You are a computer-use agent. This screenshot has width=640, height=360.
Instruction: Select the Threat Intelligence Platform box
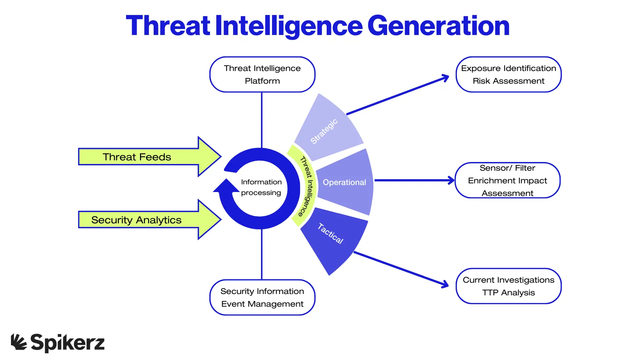tap(262, 74)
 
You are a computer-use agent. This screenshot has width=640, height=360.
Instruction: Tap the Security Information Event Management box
tap(262, 297)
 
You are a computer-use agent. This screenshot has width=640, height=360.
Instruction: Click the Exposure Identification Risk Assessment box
tap(508, 74)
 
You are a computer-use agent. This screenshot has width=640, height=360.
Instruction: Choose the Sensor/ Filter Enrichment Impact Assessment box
tap(507, 180)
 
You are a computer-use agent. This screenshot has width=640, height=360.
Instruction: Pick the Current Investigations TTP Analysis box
tap(508, 286)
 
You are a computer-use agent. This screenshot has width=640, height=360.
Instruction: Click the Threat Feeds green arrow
tap(143, 157)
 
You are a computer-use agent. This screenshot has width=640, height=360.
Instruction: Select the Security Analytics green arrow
tap(143, 220)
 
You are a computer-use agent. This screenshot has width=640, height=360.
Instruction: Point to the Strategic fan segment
tap(328, 130)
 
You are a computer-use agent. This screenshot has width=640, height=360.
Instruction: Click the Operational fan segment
tap(345, 182)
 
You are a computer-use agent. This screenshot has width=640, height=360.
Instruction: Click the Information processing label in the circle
tap(261, 187)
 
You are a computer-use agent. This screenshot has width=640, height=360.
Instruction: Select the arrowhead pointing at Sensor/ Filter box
tap(451, 180)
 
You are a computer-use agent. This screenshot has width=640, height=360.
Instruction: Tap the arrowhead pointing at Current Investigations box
tap(445, 285)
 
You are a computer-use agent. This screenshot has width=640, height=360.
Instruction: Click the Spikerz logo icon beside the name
tap(19, 342)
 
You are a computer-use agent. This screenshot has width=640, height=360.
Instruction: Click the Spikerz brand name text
tap(68, 343)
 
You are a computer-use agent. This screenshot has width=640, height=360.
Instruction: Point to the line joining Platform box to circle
tap(262, 120)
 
